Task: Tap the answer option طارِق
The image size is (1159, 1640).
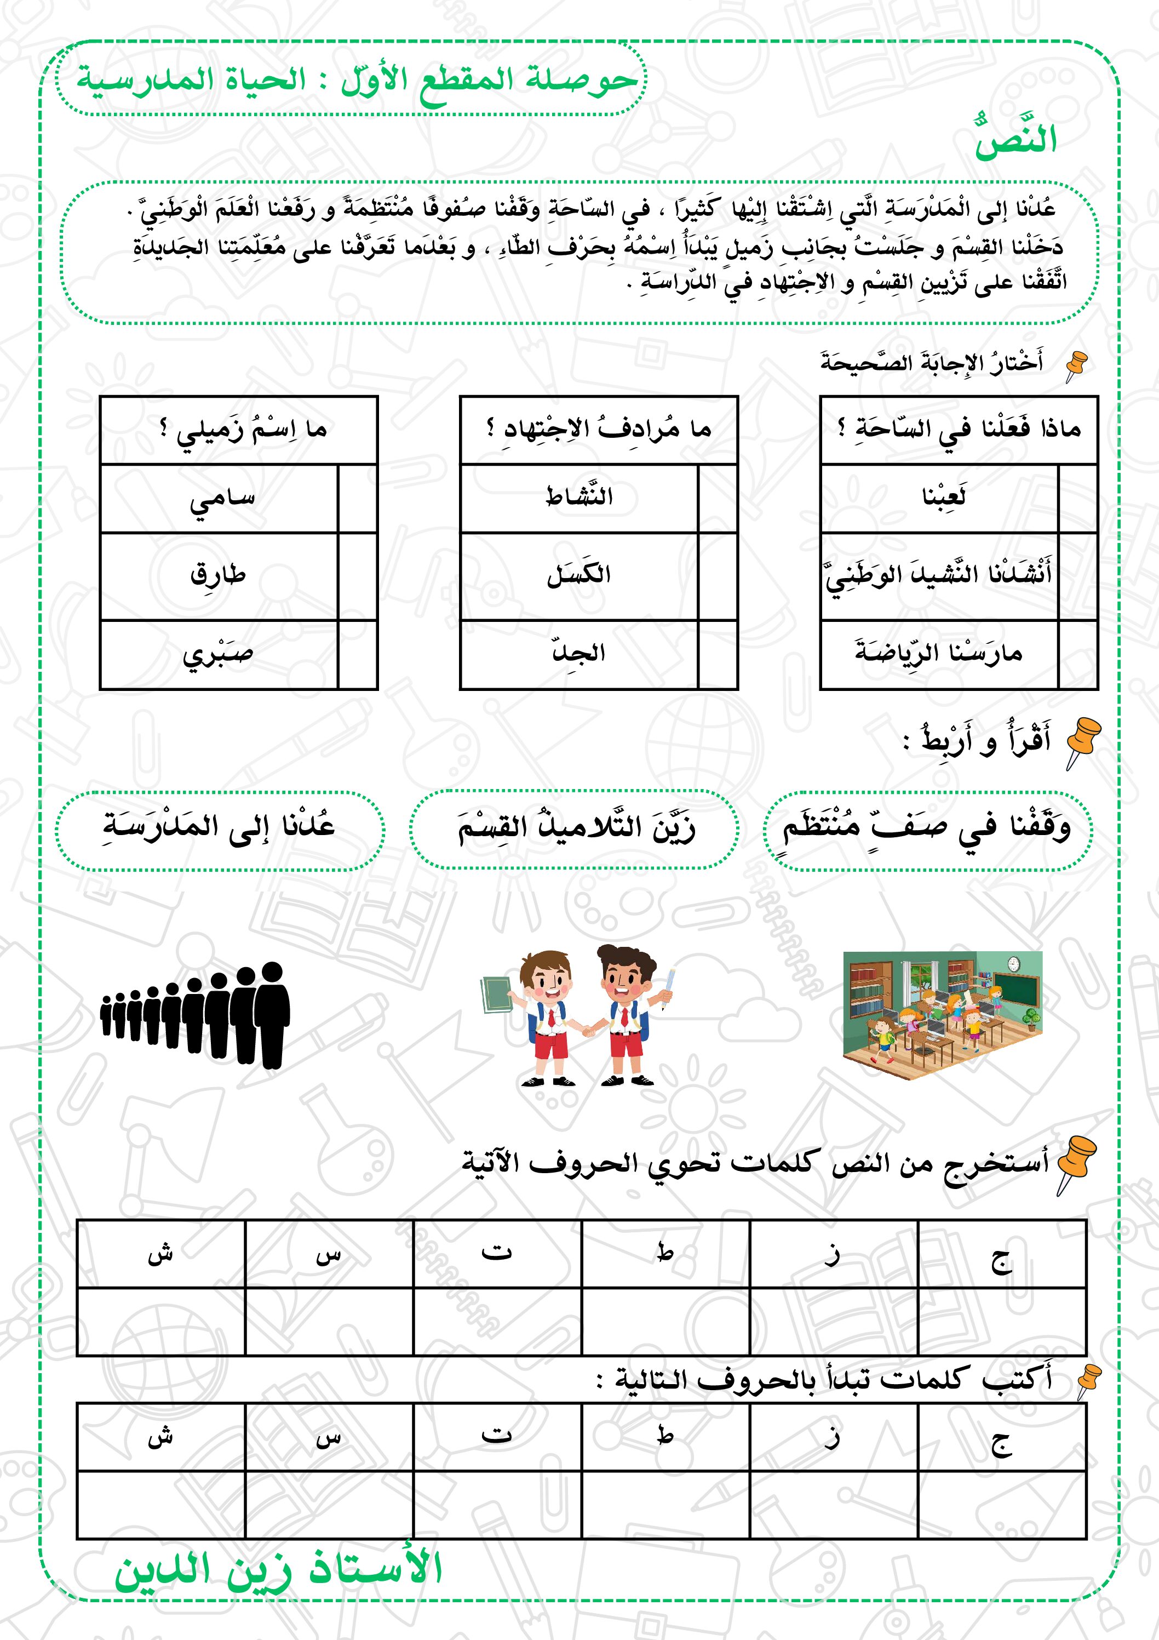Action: point(219,576)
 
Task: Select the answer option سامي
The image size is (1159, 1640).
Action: point(221,499)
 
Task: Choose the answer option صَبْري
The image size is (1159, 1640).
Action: point(219,655)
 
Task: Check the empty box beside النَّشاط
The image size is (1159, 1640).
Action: point(717,499)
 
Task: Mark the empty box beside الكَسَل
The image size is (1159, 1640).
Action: point(717,576)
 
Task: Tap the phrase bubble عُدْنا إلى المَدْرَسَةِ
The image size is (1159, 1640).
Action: point(220,828)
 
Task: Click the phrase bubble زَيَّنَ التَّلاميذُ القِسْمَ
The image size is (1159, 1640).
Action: point(575,828)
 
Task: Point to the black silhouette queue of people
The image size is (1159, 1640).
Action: point(196,1014)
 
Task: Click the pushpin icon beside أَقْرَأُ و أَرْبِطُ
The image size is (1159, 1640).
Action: point(1082,743)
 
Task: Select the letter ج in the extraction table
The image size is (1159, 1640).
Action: point(1001,1261)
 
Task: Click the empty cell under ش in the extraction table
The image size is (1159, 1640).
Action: point(160,1322)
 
